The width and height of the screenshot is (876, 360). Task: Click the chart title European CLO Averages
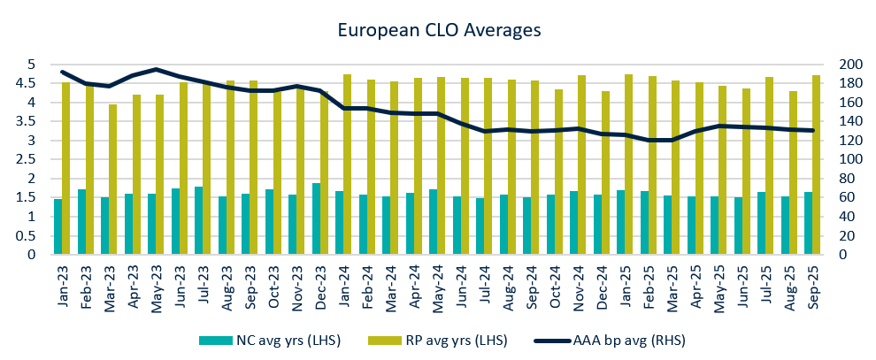click(439, 30)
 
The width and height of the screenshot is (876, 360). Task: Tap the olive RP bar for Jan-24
click(348, 165)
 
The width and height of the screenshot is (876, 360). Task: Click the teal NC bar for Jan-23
click(58, 227)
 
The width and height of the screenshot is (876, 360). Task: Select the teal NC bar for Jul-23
click(199, 221)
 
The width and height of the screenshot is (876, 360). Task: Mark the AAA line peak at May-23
click(156, 69)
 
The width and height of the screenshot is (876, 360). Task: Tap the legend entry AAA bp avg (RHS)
click(611, 340)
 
